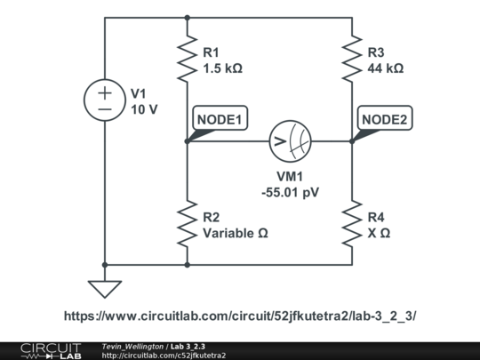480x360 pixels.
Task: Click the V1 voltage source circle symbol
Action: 105,100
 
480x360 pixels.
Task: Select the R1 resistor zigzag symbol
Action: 188,58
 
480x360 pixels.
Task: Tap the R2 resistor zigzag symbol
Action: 188,225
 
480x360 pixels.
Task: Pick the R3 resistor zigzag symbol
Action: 352,58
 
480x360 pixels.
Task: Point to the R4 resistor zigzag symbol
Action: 352,225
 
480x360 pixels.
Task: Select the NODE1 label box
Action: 217,119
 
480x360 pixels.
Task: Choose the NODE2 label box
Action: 383,119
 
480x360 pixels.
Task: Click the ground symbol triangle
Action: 105,289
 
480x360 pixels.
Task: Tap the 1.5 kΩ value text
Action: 223,68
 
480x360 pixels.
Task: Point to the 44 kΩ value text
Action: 385,68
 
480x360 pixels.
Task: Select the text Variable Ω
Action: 235,234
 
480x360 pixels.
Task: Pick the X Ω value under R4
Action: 379,234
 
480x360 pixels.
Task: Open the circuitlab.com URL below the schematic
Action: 240,316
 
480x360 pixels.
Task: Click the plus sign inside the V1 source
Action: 105,92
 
